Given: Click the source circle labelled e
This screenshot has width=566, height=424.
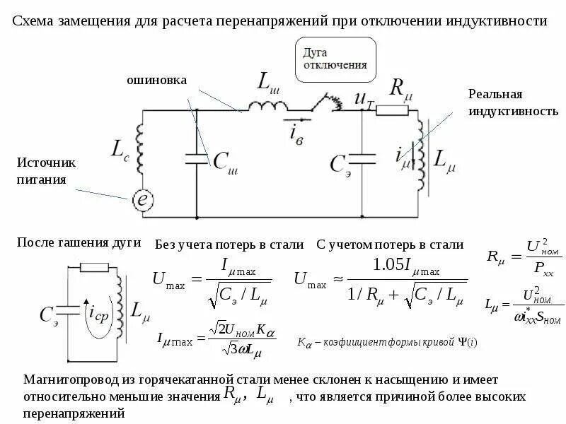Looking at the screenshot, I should tap(143, 200).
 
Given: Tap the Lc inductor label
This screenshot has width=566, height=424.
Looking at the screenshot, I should tap(120, 149).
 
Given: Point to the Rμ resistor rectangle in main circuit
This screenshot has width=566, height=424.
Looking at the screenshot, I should tap(392, 110).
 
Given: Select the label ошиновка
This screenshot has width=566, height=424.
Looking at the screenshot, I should tap(156, 81).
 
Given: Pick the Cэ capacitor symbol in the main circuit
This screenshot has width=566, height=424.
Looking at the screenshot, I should tap(362, 160).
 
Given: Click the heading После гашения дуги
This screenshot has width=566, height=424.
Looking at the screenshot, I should tap(79, 243).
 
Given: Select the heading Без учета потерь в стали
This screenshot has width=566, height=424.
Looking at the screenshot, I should tap(229, 245).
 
